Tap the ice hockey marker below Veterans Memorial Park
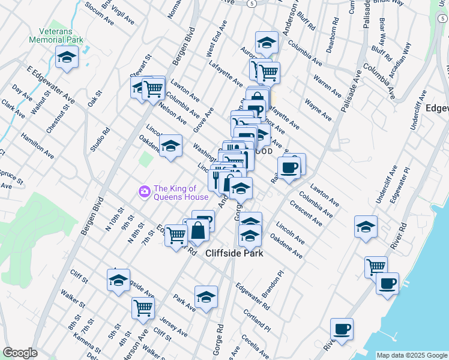[67, 58]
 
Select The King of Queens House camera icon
[144, 191]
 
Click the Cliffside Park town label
[235, 253]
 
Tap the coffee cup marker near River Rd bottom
[342, 329]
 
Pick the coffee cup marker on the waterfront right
[387, 282]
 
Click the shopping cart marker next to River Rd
[376, 266]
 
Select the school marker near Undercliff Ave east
[366, 227]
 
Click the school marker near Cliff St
[118, 280]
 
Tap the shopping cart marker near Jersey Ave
[143, 308]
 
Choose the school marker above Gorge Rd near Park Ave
[206, 297]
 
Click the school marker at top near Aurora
[266, 43]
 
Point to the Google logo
[20, 353]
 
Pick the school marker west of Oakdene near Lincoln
[170, 146]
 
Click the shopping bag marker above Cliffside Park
[197, 230]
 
